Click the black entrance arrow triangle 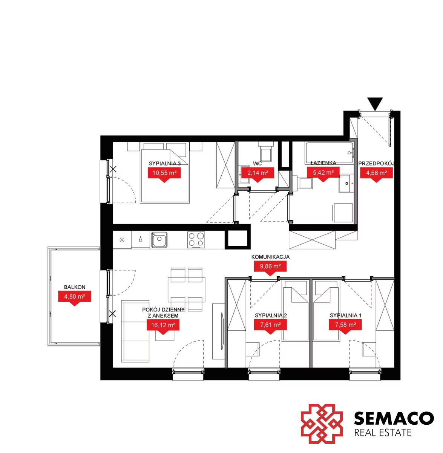tap(375, 103)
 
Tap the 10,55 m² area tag tap(164, 174)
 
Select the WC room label tap(258, 163)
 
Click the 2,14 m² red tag tap(258, 174)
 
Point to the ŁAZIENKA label tap(323, 163)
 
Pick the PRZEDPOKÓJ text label tap(376, 163)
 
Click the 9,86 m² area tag tap(270, 268)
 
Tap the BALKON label tap(74, 287)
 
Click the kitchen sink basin tap(159, 240)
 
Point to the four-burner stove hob tap(196, 240)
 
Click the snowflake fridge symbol tap(122, 240)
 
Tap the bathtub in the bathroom tap(329, 153)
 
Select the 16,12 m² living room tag tap(163, 327)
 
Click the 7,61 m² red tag tap(270, 326)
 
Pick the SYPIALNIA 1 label tap(345, 316)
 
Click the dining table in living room tap(186, 290)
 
